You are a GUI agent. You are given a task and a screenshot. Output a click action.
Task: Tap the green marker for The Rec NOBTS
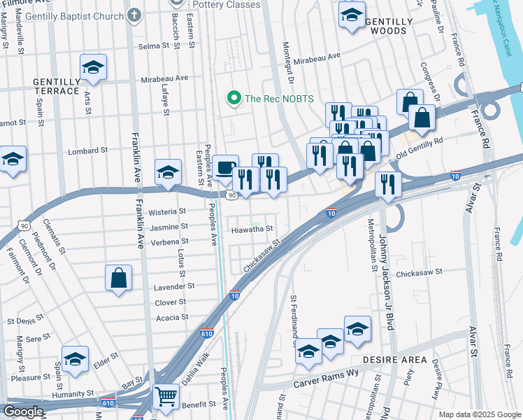[235, 99]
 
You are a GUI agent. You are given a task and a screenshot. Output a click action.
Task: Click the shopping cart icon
[166, 396]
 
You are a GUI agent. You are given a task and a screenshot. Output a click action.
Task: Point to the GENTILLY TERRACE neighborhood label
[56, 86]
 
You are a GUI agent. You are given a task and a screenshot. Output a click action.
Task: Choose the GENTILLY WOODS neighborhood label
[384, 26]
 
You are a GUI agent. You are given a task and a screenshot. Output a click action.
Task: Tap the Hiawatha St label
[251, 229]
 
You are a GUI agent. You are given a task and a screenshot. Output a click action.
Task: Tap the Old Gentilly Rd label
[420, 146]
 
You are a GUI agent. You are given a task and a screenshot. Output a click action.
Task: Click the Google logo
[23, 412]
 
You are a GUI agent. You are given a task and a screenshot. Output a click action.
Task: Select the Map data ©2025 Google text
[479, 414]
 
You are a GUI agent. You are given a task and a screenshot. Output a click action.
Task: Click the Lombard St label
[87, 150]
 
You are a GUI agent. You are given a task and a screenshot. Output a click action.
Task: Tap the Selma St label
[154, 45]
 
